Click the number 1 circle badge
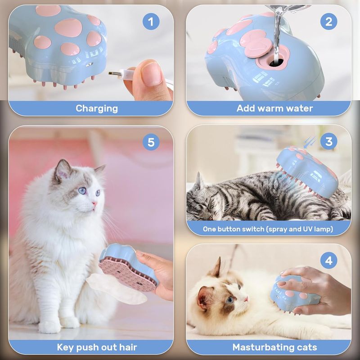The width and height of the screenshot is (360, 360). [x=151, y=22]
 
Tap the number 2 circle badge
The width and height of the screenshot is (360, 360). [x=329, y=22]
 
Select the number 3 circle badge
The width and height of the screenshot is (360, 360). [x=329, y=141]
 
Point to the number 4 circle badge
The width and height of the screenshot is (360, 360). [x=329, y=261]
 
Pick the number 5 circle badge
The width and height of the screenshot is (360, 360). [x=151, y=142]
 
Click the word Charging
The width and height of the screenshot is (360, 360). [x=97, y=108]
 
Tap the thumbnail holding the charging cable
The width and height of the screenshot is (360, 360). [x=150, y=74]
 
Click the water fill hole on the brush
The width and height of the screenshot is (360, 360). [x=276, y=62]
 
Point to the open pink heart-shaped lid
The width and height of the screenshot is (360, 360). [x=255, y=43]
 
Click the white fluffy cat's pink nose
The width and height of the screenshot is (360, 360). [x=94, y=203]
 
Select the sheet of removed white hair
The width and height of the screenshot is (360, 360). [x=117, y=288]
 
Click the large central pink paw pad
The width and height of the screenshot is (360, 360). [x=68, y=27]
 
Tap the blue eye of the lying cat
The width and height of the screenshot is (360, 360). [x=230, y=300]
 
